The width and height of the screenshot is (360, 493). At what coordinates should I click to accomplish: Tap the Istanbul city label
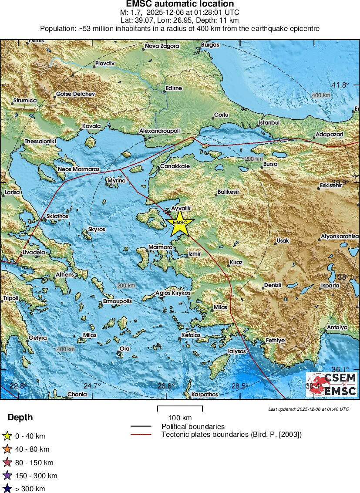tap(269, 122)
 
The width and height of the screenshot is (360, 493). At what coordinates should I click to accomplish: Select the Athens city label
tap(65, 275)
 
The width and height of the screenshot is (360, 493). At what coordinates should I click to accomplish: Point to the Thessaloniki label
tap(40, 142)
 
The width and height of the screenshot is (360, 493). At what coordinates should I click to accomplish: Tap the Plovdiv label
tap(104, 64)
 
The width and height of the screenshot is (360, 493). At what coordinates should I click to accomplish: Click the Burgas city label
tap(210, 44)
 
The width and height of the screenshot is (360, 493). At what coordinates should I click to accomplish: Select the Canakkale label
tap(175, 166)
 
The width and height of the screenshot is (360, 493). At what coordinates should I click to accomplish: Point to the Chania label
tap(77, 395)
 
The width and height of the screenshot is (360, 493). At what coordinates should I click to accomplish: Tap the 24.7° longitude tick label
tap(92, 386)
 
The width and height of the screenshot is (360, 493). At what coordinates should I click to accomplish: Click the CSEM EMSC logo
tap(331, 384)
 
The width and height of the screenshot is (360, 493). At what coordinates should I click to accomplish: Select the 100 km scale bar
tap(180, 409)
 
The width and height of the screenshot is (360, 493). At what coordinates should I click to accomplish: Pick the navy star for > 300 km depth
tap(7, 489)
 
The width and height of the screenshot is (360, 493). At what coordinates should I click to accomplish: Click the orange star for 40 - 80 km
tap(7, 449)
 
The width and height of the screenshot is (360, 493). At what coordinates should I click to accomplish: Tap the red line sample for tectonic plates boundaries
tap(141, 434)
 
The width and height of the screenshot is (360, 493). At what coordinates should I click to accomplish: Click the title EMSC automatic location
tap(180, 4)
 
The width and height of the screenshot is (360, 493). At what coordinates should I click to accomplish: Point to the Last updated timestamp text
tap(308, 409)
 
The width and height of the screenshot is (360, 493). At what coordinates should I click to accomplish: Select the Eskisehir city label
tap(331, 185)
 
